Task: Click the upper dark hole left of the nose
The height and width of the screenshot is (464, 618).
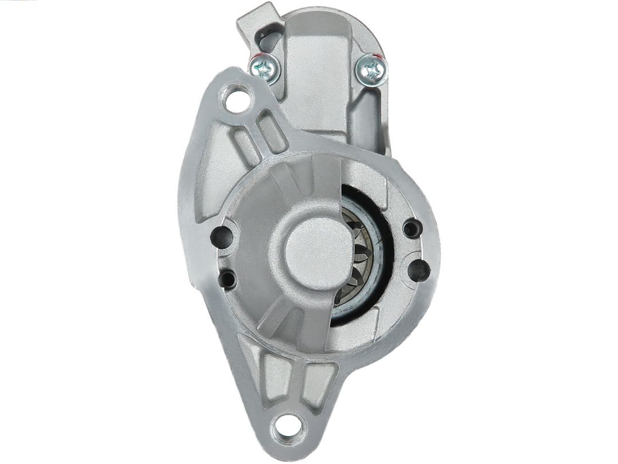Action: [221, 235]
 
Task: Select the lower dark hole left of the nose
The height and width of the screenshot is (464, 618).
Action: [227, 279]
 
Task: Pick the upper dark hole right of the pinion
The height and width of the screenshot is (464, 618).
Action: [412, 229]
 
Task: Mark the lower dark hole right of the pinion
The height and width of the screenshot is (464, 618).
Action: [419, 269]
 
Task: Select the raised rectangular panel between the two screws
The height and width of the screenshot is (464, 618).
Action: [314, 74]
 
